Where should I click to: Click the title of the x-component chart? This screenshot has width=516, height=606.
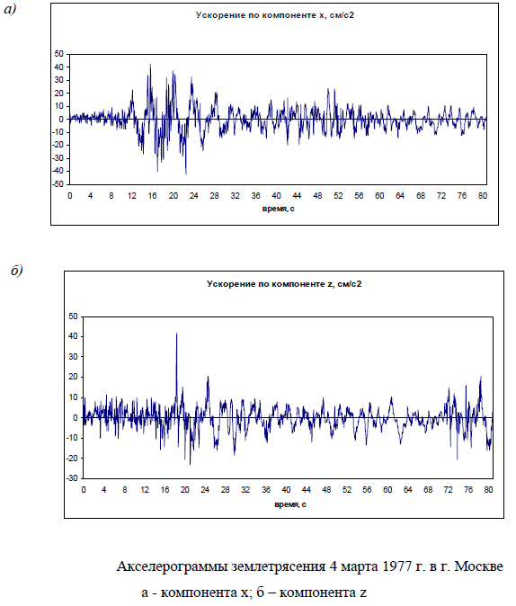click(x=274, y=15)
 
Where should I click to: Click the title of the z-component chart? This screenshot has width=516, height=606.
click(x=284, y=284)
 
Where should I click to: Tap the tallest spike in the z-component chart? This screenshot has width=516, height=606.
click(x=176, y=334)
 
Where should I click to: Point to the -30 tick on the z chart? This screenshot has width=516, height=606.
click(x=72, y=478)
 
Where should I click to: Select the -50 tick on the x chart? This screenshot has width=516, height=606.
click(x=58, y=184)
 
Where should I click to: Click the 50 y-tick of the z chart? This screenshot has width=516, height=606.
click(x=73, y=316)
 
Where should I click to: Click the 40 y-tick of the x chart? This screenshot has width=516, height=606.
click(x=59, y=67)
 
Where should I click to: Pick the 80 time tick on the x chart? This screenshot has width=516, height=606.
click(x=483, y=196)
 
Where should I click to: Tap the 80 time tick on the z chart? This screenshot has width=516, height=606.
click(x=488, y=490)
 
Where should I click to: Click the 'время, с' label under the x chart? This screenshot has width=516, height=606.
click(x=279, y=209)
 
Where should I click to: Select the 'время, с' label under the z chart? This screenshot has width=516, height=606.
click(x=290, y=504)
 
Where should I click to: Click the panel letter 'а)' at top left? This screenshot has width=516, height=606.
click(x=10, y=9)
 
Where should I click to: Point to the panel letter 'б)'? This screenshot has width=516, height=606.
click(x=17, y=271)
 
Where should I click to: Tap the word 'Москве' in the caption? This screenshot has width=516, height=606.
click(x=478, y=566)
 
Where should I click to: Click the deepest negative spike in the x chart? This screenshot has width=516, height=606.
click(x=186, y=174)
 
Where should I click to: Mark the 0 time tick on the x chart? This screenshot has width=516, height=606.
click(x=69, y=196)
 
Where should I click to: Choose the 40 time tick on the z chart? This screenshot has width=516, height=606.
click(x=286, y=490)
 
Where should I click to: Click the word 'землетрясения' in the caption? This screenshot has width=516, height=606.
click(x=279, y=567)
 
